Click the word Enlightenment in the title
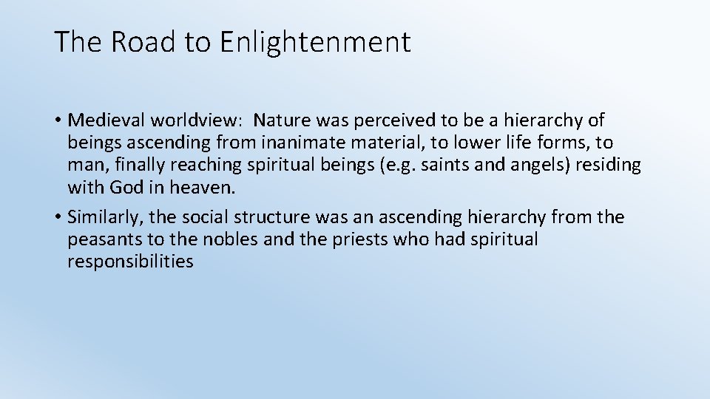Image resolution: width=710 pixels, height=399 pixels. pyautogui.click(x=315, y=42)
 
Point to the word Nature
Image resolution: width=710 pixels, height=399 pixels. pyautogui.click(x=285, y=120)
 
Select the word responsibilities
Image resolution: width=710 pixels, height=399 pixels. pyautogui.click(x=130, y=262)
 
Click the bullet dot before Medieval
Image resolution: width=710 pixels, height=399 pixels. pyautogui.click(x=57, y=120)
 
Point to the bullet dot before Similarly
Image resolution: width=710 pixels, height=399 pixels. pyautogui.click(x=57, y=217)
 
